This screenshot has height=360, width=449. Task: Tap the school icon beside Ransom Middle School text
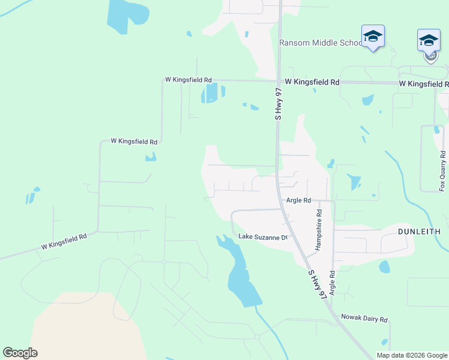point(372,37)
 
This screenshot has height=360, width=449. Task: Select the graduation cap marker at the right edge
point(429,41)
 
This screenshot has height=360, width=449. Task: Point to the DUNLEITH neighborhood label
point(419,231)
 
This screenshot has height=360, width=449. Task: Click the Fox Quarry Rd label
point(442,171)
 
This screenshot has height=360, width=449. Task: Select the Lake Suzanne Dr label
point(264,237)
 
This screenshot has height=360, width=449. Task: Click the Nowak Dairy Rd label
point(364,318)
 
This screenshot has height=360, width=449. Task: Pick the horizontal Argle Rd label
point(298,200)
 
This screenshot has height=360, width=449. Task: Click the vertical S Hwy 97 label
point(278,103)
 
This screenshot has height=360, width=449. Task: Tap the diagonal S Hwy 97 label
point(318,284)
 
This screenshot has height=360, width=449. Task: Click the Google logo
point(20,353)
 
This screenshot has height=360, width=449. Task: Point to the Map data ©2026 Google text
point(411,355)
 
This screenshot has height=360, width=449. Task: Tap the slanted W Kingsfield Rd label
point(64,241)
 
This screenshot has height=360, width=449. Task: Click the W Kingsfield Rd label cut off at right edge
point(424,83)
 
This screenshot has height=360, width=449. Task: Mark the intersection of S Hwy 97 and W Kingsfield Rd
point(279,81)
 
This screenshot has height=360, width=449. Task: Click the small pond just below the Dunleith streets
point(384,267)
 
